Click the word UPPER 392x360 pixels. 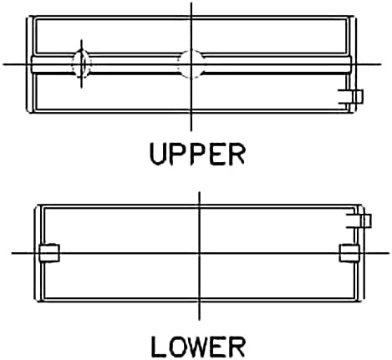197,154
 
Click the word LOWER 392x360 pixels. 198,347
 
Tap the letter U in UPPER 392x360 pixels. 158,155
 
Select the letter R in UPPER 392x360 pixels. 237,154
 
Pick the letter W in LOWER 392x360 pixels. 198,347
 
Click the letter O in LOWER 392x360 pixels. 176,347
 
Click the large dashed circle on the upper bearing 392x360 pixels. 191,64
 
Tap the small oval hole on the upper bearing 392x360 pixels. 82,64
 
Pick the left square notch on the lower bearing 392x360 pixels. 49,253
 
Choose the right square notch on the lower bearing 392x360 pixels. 349,253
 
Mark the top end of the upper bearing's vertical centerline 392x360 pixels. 191,3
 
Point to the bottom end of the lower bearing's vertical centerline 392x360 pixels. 199,320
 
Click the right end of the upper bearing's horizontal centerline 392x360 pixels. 381,64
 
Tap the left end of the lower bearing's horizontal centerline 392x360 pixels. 12,253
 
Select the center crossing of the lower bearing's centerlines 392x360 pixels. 199,253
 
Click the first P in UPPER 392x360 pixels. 178,154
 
